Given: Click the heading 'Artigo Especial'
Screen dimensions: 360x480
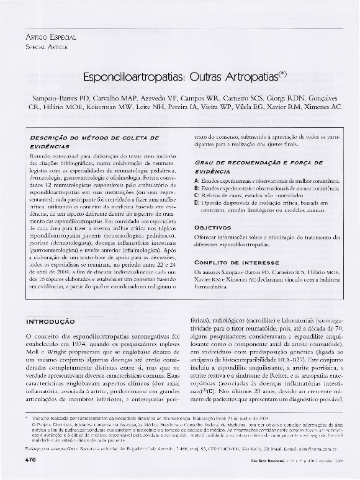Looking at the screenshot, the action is pyautogui.click(x=47, y=37).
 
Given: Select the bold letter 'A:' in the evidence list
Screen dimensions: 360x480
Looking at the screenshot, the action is pyautogui.click(x=197, y=180).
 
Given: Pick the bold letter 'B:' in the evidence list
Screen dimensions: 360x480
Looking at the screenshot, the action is pyautogui.click(x=197, y=187).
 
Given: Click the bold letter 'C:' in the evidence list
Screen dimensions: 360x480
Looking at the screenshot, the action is pyautogui.click(x=197, y=195).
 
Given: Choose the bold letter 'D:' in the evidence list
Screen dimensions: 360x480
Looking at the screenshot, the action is pyautogui.click(x=197, y=202).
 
